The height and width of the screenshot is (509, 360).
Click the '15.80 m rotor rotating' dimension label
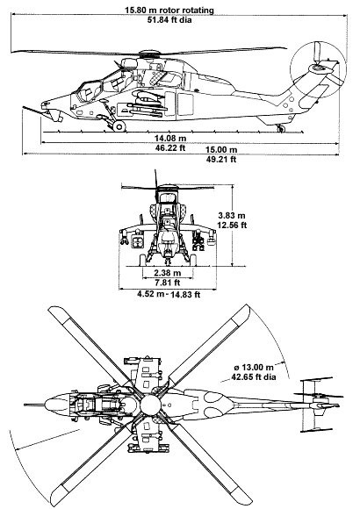(169, 10)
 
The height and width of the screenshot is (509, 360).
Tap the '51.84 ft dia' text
(169, 20)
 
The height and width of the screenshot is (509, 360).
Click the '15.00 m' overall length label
(221, 150)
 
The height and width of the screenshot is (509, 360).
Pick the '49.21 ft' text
(221, 159)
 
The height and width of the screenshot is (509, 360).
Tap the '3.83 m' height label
(232, 215)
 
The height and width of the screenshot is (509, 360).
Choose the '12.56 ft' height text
(232, 225)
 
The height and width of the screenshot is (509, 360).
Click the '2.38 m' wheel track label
(168, 273)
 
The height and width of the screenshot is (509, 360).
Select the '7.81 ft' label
(168, 283)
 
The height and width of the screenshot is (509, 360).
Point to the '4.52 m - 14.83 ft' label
(169, 294)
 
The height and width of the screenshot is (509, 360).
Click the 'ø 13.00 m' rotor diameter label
(254, 367)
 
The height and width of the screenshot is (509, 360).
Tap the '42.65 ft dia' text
(254, 376)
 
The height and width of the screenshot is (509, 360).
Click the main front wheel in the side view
(119, 126)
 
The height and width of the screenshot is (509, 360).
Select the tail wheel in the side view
(281, 129)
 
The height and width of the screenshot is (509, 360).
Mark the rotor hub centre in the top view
(150, 405)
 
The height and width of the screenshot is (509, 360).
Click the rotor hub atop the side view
(149, 54)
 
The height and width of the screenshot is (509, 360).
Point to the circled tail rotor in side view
(319, 68)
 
